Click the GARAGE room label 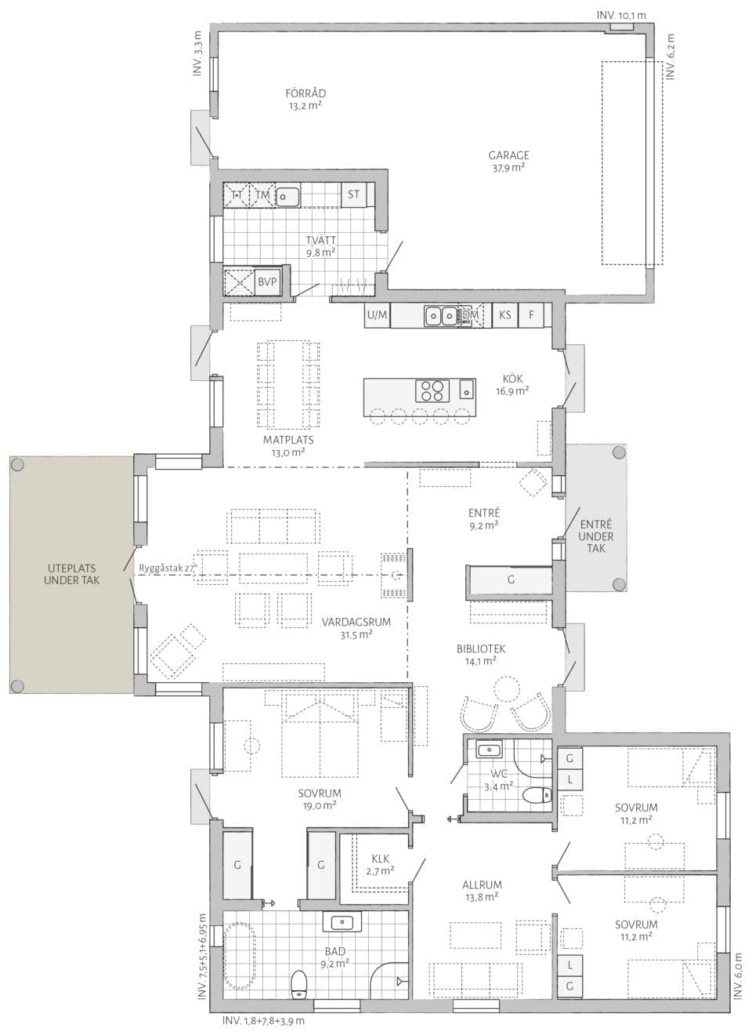coord(508,156)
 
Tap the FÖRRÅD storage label coord(305,94)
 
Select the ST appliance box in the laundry coord(353,194)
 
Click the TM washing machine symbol coord(262,194)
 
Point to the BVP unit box coord(267,281)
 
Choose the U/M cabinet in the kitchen coord(377,315)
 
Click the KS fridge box coord(505,315)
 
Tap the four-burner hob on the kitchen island coord(432,390)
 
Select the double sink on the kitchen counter coord(440,316)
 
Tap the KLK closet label coord(381,859)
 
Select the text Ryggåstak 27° coord(168,568)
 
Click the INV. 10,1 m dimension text coord(621,15)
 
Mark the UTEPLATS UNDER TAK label coord(71,574)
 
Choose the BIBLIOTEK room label coord(481,648)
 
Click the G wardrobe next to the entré coord(511,579)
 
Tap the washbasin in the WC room coord(489,749)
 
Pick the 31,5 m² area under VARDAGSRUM coord(356,635)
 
